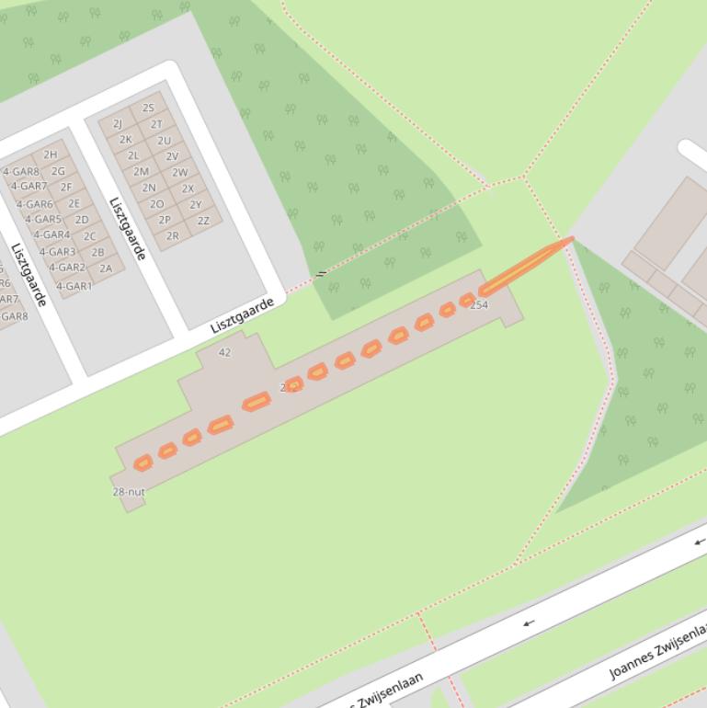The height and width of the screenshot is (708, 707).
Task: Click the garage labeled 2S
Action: tap(148, 108)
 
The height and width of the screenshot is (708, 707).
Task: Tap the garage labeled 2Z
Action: tap(203, 221)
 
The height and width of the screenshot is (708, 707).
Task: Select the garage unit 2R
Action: tap(172, 236)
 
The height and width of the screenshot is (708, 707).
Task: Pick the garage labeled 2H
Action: tap(50, 154)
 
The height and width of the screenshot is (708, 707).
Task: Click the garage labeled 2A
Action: tap(106, 268)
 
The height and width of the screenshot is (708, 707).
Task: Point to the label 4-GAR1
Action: tap(74, 286)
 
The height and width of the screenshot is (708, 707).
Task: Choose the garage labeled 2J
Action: tap(118, 123)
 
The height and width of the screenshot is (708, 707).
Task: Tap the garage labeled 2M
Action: tap(141, 172)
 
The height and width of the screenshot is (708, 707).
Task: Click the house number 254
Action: tap(479, 304)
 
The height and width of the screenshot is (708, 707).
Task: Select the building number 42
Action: tap(225, 352)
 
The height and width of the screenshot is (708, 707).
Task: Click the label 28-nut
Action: tap(129, 492)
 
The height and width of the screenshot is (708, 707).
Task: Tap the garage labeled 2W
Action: tap(180, 172)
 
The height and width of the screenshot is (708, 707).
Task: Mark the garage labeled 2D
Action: tap(82, 220)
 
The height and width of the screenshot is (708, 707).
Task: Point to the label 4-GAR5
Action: tap(43, 220)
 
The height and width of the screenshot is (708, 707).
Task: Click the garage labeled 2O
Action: tap(156, 204)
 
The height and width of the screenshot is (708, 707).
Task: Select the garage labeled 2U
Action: tap(164, 141)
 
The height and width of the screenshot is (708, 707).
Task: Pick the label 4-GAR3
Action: tap(57, 252)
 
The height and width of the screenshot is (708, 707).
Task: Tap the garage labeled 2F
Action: tap(66, 187)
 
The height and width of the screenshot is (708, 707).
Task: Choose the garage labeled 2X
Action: tap(188, 188)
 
